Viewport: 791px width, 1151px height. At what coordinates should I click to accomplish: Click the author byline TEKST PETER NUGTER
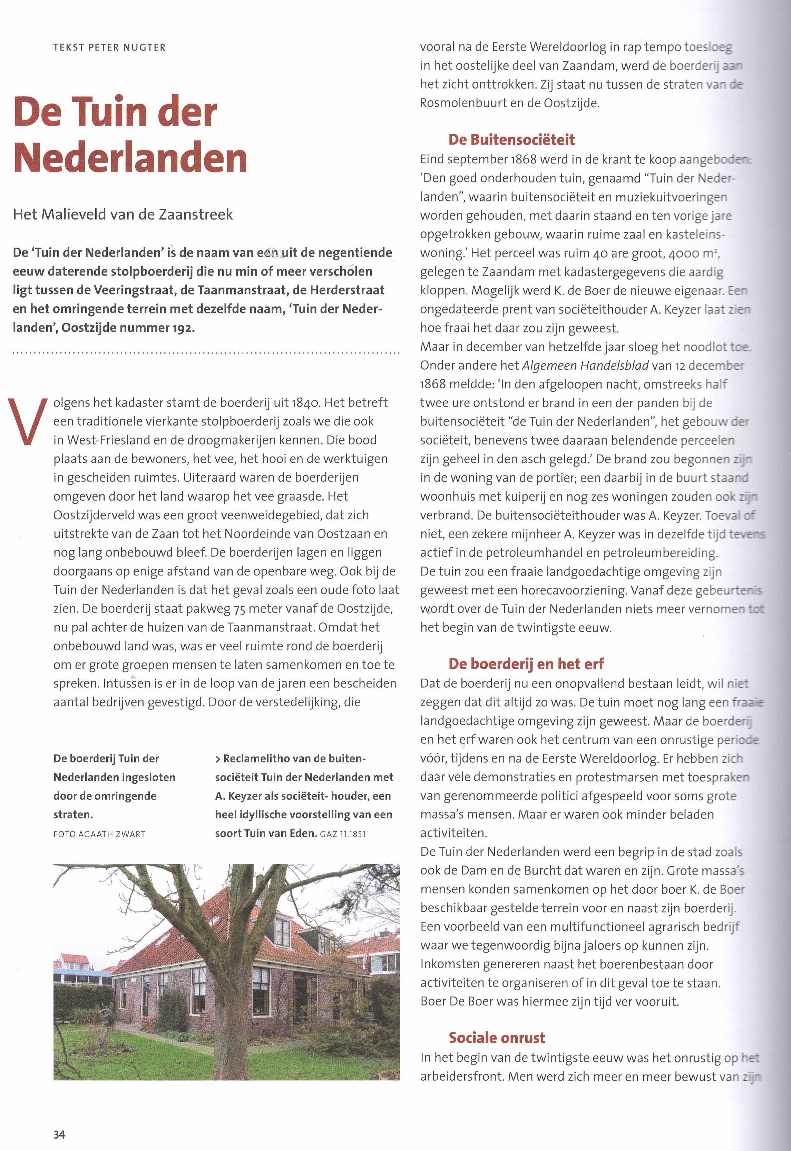pyautogui.click(x=109, y=48)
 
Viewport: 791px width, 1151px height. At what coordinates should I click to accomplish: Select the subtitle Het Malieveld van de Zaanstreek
pyautogui.click(x=123, y=214)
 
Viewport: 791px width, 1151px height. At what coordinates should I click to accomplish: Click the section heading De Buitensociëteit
pyautogui.click(x=511, y=140)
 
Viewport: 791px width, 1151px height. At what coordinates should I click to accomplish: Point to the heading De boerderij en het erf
pyautogui.click(x=526, y=664)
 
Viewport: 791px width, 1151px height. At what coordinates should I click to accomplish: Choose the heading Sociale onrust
pyautogui.click(x=497, y=1037)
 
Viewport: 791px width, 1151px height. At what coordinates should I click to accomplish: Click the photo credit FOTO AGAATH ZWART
pyautogui.click(x=99, y=834)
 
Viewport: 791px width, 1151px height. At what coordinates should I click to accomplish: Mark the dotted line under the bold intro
pyautogui.click(x=206, y=353)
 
